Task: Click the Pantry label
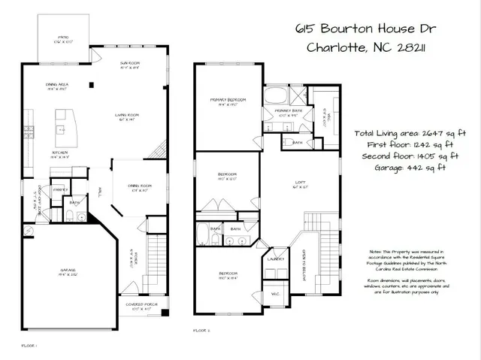(x=59, y=190)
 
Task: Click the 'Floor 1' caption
(x=29, y=345)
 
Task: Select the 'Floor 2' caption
(x=201, y=330)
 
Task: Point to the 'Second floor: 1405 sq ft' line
(x=407, y=156)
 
